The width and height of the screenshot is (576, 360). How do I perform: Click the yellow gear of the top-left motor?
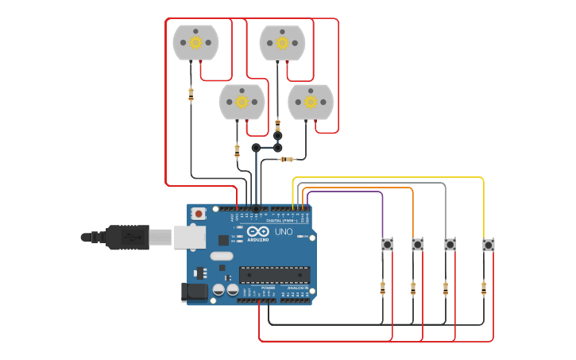point(195,42)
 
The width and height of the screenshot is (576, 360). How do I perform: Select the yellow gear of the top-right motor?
point(282,43)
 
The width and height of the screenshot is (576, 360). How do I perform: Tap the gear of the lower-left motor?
point(242,102)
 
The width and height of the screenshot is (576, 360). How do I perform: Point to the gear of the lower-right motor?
point(311,102)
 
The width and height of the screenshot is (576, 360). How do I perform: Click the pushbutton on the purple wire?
point(387,244)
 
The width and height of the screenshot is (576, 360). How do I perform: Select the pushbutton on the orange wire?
point(417,244)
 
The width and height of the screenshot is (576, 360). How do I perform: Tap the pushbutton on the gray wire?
point(450,244)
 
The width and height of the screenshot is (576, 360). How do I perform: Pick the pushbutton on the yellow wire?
point(488,245)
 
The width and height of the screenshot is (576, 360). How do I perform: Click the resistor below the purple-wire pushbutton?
point(382,288)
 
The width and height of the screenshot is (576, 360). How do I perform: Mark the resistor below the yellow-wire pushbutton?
point(483,288)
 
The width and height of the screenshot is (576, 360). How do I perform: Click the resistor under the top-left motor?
point(191,95)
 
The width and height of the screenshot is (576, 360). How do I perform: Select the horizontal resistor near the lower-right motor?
point(287,159)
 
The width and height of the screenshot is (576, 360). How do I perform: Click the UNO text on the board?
point(284,231)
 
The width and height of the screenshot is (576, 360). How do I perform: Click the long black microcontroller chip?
point(275,275)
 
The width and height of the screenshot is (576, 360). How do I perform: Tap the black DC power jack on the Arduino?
point(195,292)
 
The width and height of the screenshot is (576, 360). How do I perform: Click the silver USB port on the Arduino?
point(190,237)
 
